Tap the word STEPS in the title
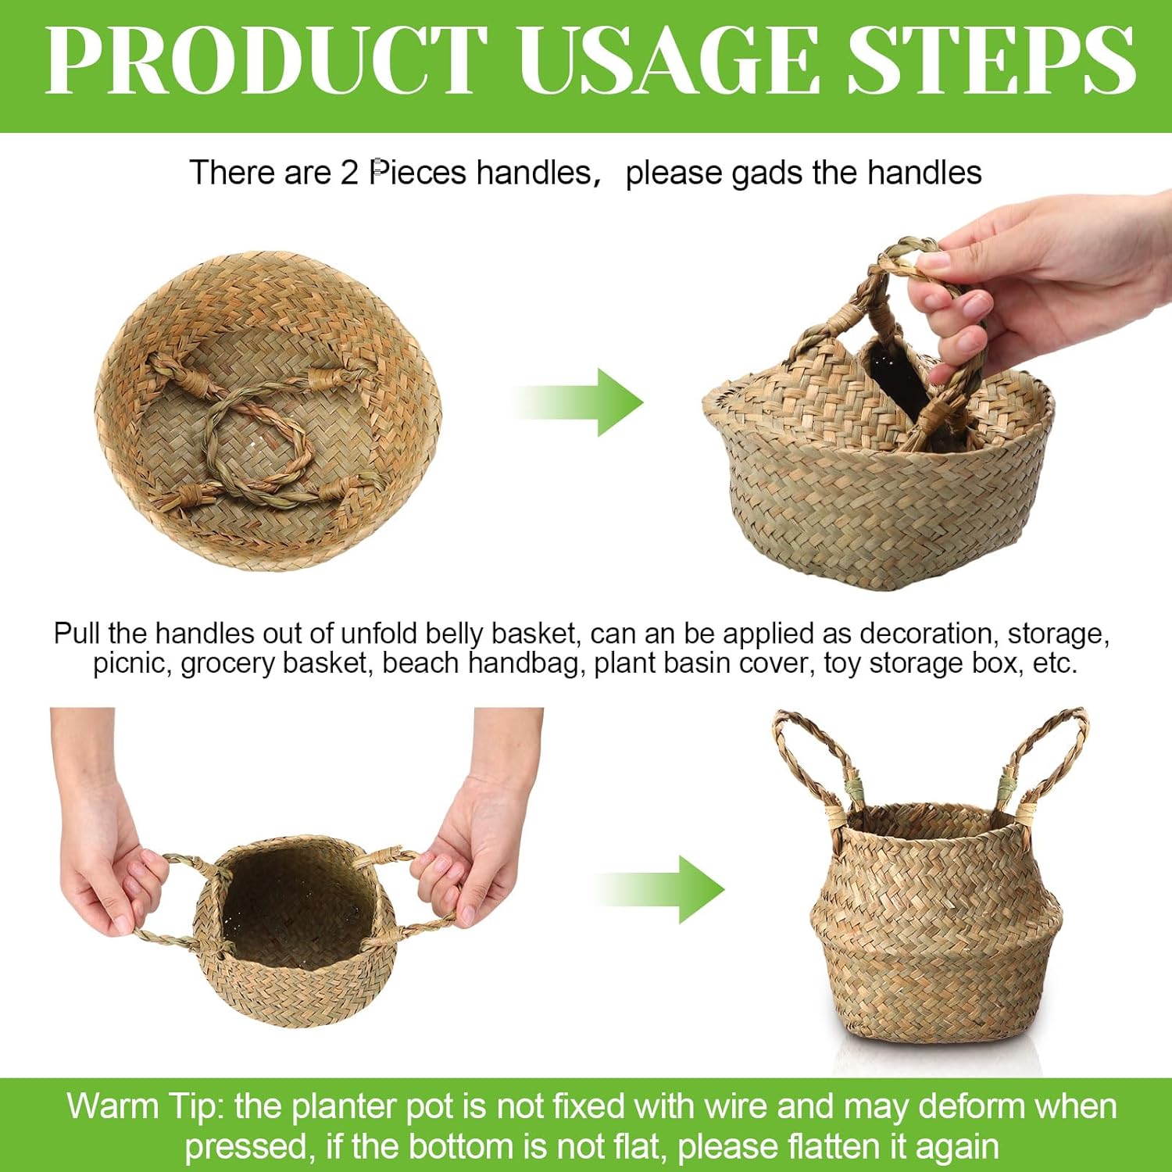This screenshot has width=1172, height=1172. pos(991,61)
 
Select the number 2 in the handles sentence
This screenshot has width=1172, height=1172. pos(348,173)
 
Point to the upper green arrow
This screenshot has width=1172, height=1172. pos(582,402)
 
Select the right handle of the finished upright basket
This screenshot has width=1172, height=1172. pos(1047,758)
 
